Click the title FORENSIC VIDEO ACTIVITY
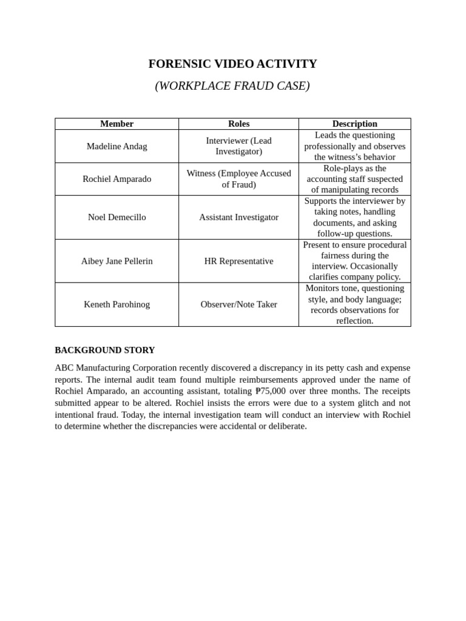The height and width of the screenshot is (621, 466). [x=232, y=64]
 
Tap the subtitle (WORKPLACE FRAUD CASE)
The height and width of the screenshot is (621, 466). [x=232, y=86]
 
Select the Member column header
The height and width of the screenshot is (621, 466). [x=116, y=124]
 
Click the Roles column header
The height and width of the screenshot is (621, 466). [x=238, y=124]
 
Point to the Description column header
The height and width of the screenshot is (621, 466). [x=354, y=124]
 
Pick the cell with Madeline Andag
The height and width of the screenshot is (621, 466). [x=116, y=146]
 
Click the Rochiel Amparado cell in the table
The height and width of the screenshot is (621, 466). [x=116, y=179]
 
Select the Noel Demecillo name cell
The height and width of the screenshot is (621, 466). [x=116, y=217]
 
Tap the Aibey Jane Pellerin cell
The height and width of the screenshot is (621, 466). [x=116, y=261]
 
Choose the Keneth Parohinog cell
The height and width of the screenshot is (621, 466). [x=116, y=304]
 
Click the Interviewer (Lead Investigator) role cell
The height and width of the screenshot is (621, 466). [x=238, y=146]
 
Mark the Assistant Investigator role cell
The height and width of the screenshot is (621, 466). [x=238, y=217]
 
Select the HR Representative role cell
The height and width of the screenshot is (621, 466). [x=238, y=261]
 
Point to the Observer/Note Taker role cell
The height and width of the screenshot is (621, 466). [x=238, y=304]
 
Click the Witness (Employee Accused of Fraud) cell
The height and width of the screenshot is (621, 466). [x=238, y=179]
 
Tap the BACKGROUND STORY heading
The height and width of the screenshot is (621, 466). [x=104, y=350]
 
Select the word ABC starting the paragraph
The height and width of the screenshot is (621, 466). [x=64, y=368]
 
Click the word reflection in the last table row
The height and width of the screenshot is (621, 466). [x=354, y=321]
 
